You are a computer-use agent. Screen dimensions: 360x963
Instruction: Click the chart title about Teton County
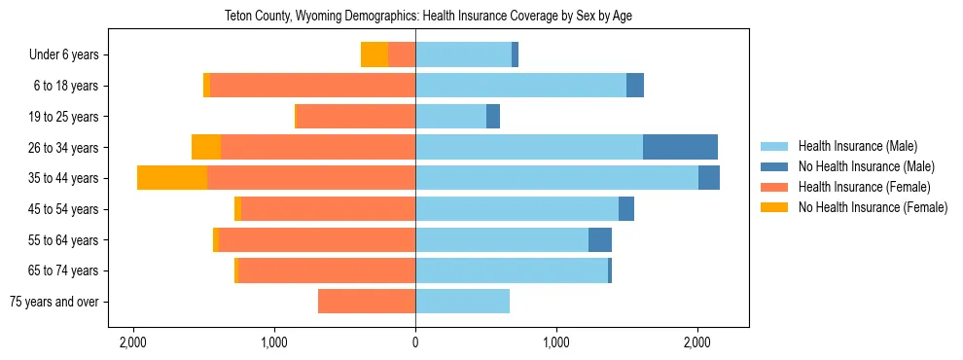pyautogui.click(x=428, y=16)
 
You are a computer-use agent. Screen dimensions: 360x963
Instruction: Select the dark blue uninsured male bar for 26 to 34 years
pyautogui.click(x=680, y=147)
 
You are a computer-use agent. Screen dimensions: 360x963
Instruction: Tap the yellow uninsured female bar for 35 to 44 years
pyautogui.click(x=172, y=178)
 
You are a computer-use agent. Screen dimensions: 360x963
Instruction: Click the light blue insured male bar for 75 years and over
pyautogui.click(x=462, y=302)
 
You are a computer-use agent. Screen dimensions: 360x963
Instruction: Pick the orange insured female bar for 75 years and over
pyautogui.click(x=367, y=302)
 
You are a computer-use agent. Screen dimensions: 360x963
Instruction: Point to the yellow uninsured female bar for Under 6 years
pyautogui.click(x=374, y=54)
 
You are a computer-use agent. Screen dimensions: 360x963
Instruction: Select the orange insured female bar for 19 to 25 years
pyautogui.click(x=356, y=117)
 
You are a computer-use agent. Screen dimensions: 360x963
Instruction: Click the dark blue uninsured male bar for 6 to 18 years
pyautogui.click(x=635, y=86)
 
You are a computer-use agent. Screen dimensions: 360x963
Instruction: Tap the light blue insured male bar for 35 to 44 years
pyautogui.click(x=556, y=178)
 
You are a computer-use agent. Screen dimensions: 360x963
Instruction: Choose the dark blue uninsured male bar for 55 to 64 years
pyautogui.click(x=600, y=239)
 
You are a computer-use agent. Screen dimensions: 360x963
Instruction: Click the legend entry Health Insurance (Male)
pyautogui.click(x=857, y=146)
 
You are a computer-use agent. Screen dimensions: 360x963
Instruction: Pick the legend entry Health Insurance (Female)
pyautogui.click(x=864, y=187)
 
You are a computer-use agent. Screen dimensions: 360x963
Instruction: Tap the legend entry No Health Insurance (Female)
pyautogui.click(x=872, y=207)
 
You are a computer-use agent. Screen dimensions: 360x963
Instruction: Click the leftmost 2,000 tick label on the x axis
pyautogui.click(x=132, y=342)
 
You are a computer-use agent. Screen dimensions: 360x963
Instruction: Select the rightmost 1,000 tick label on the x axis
pyautogui.click(x=556, y=342)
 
